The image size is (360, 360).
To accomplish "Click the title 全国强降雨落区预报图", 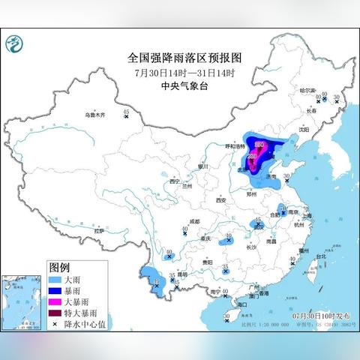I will pos(180,58).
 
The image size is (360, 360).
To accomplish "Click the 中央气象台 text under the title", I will pos(180,85).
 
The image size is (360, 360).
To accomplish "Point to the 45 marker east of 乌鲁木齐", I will pos(126,112).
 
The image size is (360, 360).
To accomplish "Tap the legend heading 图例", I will pos(59,267).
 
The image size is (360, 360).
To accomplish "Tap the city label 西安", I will pos(220,200).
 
